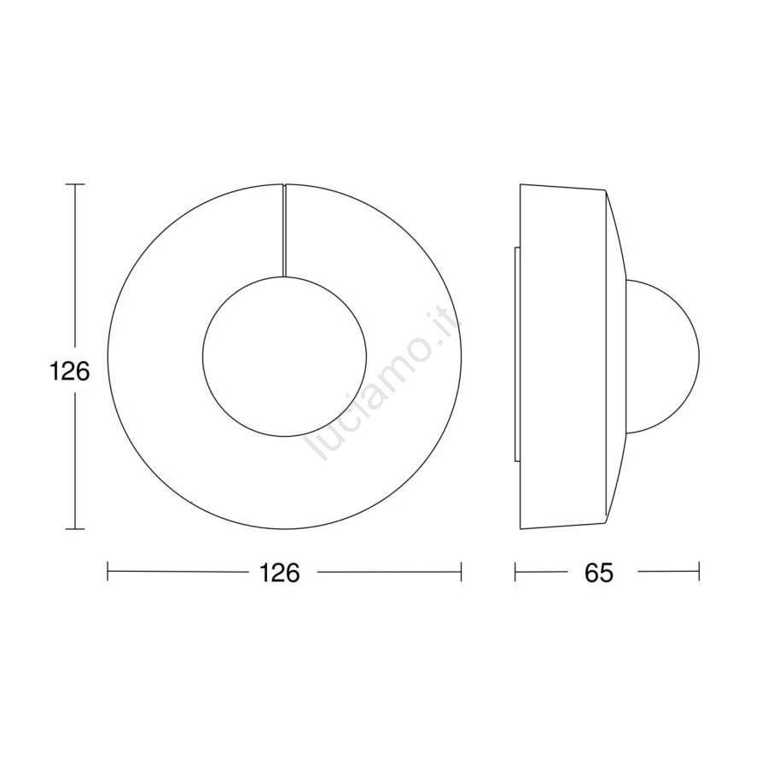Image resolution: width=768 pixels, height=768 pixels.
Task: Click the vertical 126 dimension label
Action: pos(70,371)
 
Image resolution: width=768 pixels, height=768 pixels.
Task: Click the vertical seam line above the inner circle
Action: pos(284,230)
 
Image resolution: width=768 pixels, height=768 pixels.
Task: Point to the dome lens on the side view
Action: pos(698,356)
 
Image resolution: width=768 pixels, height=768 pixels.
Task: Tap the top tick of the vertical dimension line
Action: pos(75,184)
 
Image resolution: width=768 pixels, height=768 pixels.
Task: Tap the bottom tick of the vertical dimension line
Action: pos(75,529)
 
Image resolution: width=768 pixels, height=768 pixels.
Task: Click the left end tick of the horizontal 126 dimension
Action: pos(108,572)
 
